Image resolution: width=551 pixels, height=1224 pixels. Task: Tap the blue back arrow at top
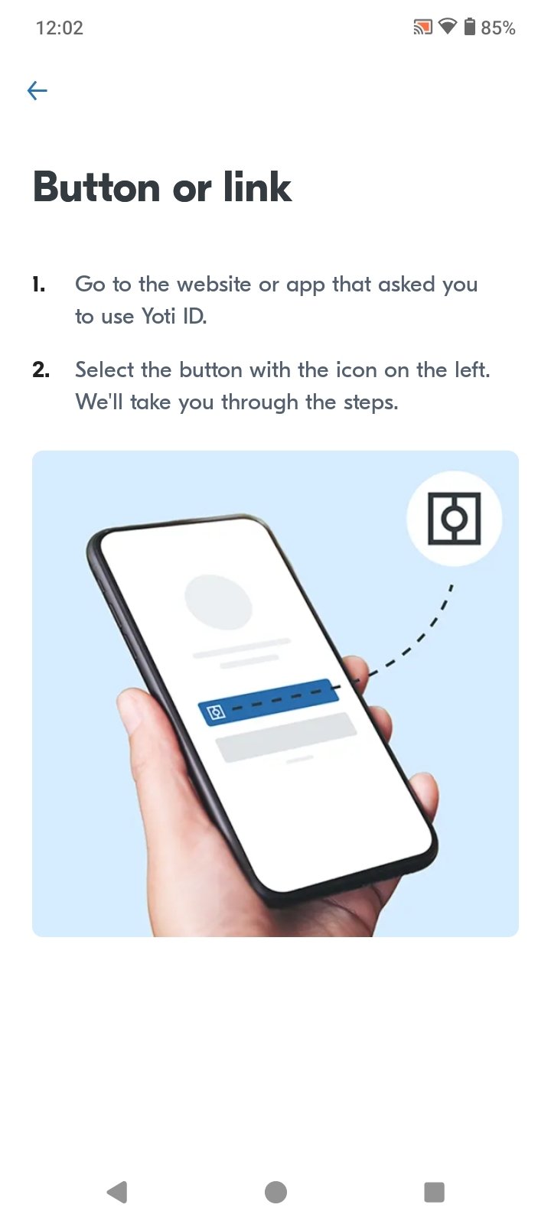(x=37, y=90)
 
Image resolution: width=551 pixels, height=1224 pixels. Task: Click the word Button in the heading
(x=96, y=187)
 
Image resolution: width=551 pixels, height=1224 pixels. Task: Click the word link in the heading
(x=257, y=187)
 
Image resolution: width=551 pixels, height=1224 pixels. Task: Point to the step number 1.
(x=38, y=284)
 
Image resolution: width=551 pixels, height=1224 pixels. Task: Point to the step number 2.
(x=41, y=370)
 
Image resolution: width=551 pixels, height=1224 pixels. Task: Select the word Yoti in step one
(x=158, y=316)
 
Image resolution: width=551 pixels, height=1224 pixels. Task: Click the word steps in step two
(x=370, y=402)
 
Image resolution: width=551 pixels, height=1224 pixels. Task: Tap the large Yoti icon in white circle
(x=455, y=519)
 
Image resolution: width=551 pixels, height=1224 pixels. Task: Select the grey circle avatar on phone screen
(x=218, y=602)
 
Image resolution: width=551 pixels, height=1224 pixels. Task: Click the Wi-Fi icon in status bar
(x=448, y=26)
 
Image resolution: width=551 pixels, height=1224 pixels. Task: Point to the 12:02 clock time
(x=60, y=28)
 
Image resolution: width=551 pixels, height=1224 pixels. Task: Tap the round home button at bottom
(x=275, y=1192)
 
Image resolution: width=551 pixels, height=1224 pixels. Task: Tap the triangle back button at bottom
(x=118, y=1192)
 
